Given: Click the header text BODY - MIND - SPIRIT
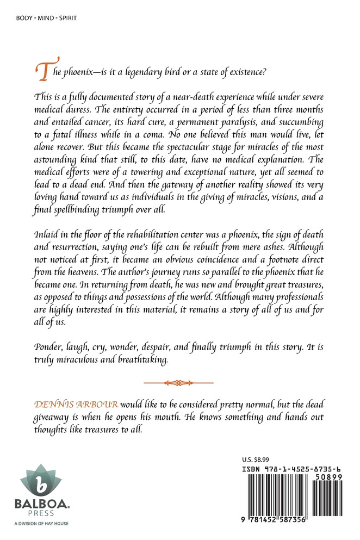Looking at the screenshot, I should [44, 18].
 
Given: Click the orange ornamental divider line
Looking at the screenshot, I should [179, 383].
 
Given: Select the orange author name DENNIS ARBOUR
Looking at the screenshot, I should [75, 405].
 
